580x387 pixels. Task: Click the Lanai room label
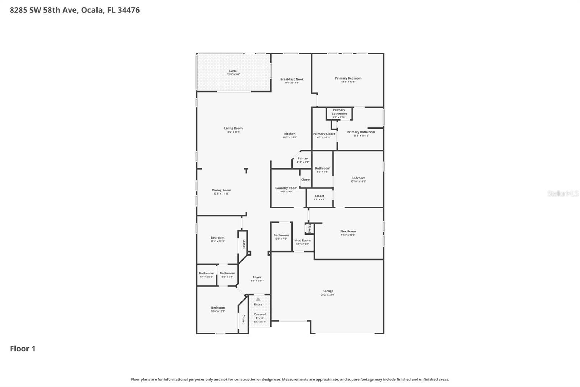click(x=233, y=71)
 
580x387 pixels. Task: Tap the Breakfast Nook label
click(x=292, y=79)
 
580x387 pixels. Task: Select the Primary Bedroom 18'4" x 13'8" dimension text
click(x=348, y=82)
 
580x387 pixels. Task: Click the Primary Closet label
click(x=324, y=134)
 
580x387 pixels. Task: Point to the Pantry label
click(x=303, y=158)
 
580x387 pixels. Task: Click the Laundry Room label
click(x=286, y=188)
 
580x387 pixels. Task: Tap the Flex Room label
click(x=348, y=231)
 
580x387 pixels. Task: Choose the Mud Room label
click(x=302, y=240)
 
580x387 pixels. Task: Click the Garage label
click(x=328, y=291)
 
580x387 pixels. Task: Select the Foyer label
click(x=257, y=277)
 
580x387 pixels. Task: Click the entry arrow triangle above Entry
click(x=258, y=299)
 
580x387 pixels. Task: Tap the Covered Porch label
click(x=260, y=316)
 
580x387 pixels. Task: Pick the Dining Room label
click(x=221, y=190)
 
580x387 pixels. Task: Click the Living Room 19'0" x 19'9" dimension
click(x=233, y=132)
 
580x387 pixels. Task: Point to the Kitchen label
click(x=290, y=134)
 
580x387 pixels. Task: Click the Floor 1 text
click(x=22, y=349)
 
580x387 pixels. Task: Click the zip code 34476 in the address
click(x=128, y=10)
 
